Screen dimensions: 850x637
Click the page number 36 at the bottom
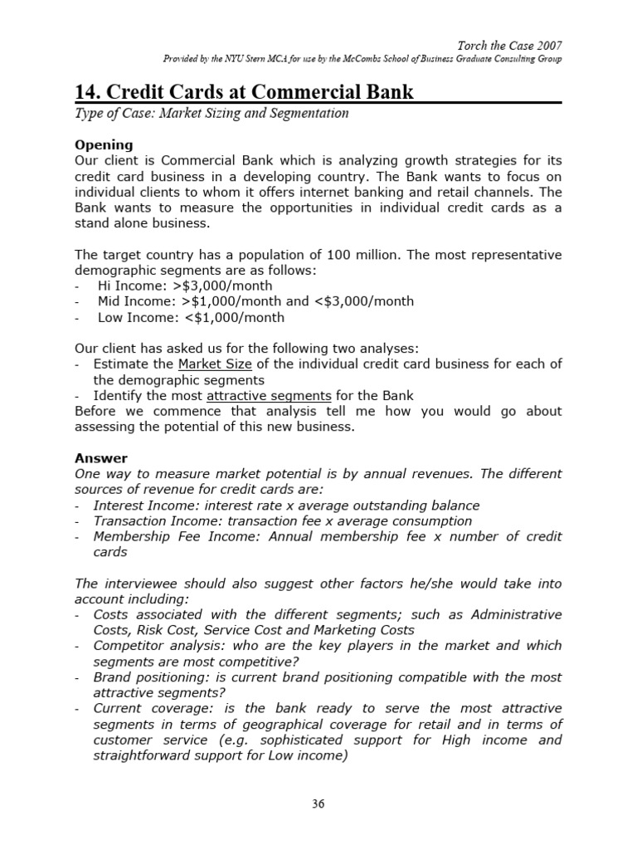[x=318, y=804]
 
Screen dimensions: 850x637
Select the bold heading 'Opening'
[x=104, y=144]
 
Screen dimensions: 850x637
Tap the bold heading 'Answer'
[x=101, y=457]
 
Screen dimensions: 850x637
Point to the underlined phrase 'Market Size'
[x=212, y=364]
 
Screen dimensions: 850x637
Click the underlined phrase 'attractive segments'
[x=269, y=395]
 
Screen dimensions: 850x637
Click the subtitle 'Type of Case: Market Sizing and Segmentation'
[x=212, y=114]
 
